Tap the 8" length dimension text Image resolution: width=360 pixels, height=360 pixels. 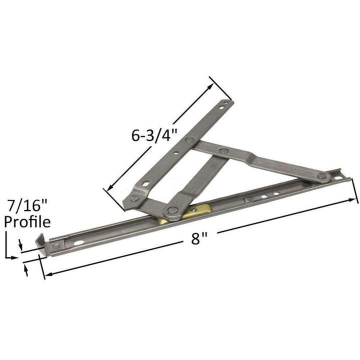[199, 238]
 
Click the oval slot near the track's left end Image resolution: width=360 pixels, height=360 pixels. [79, 243]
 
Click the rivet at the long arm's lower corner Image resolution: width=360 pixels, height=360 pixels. [134, 198]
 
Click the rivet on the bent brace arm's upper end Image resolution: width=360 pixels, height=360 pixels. [224, 150]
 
